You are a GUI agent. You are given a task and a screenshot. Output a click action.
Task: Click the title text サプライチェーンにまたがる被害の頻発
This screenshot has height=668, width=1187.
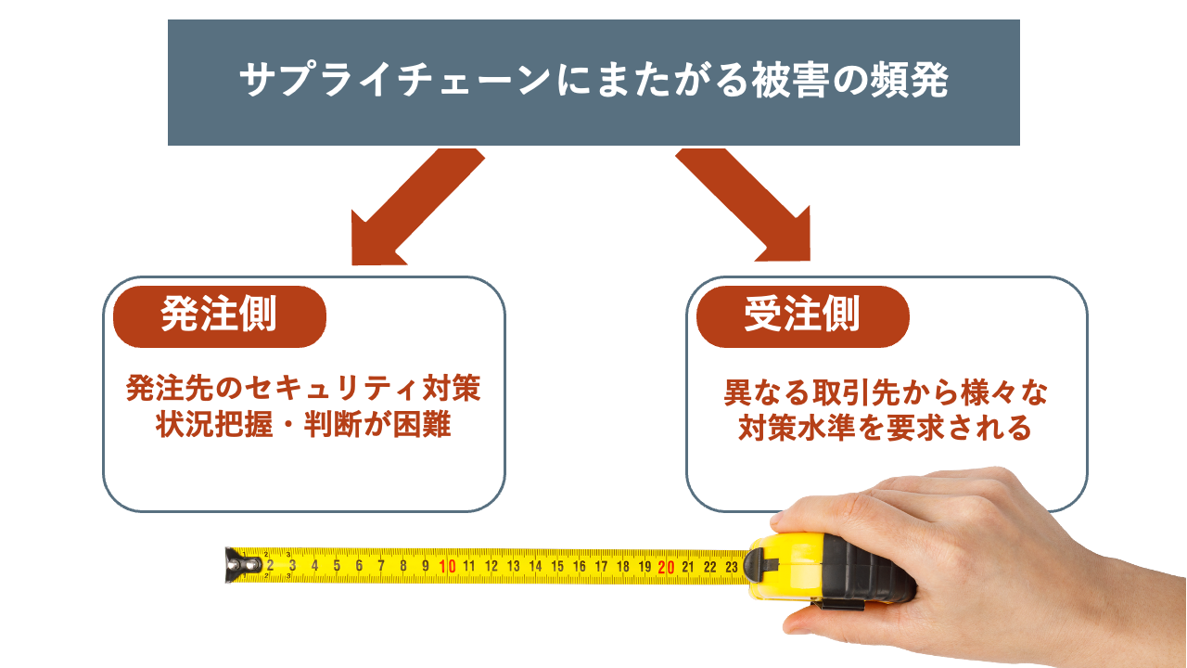(593, 82)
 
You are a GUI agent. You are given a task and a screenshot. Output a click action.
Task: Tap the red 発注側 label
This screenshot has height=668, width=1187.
(219, 315)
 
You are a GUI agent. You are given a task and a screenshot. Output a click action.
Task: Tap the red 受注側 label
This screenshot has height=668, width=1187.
(802, 315)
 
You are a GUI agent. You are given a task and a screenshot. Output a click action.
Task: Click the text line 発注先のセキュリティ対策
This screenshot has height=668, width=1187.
(303, 389)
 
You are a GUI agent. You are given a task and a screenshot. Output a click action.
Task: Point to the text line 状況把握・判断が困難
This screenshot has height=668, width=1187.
(303, 425)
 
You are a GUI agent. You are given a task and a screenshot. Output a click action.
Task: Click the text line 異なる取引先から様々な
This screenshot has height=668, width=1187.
(886, 393)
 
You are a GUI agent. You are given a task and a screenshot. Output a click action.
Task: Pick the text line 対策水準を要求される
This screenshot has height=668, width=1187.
(886, 429)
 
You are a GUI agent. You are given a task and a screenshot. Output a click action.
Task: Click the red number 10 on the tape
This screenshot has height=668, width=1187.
(447, 566)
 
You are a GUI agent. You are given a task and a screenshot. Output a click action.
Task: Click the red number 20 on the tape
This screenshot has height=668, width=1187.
(665, 567)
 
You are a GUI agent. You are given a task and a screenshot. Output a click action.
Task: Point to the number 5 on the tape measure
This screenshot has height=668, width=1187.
(337, 565)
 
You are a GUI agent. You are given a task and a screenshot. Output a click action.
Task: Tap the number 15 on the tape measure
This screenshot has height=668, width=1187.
(556, 566)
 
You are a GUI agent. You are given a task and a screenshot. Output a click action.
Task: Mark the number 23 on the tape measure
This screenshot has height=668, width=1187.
(731, 567)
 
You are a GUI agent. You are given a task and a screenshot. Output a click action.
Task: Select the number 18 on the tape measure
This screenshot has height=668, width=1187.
(622, 566)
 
